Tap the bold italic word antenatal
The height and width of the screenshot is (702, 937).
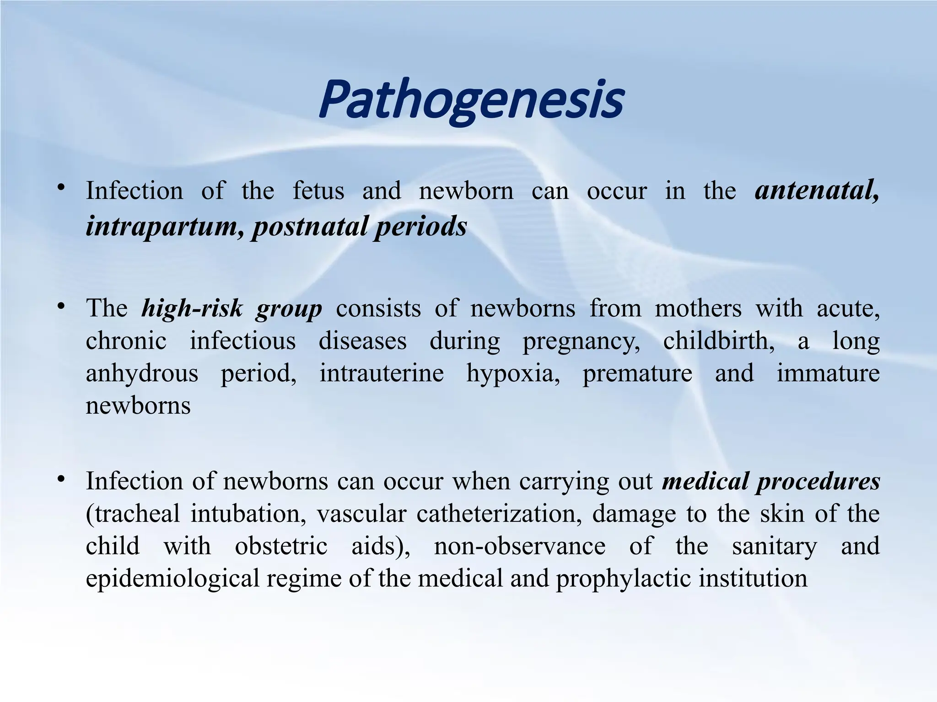(x=816, y=191)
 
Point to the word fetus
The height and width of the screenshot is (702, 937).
(x=318, y=191)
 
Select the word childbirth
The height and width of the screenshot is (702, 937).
(x=718, y=341)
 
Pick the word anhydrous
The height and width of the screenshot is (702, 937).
(x=142, y=374)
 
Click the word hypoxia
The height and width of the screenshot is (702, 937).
(x=513, y=374)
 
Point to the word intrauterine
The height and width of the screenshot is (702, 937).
(x=382, y=373)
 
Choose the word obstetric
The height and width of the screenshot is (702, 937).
(x=281, y=546)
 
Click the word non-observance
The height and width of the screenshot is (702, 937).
(x=519, y=546)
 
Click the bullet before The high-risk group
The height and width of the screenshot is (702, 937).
(x=61, y=305)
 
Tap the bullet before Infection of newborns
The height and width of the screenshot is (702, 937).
(x=61, y=479)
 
